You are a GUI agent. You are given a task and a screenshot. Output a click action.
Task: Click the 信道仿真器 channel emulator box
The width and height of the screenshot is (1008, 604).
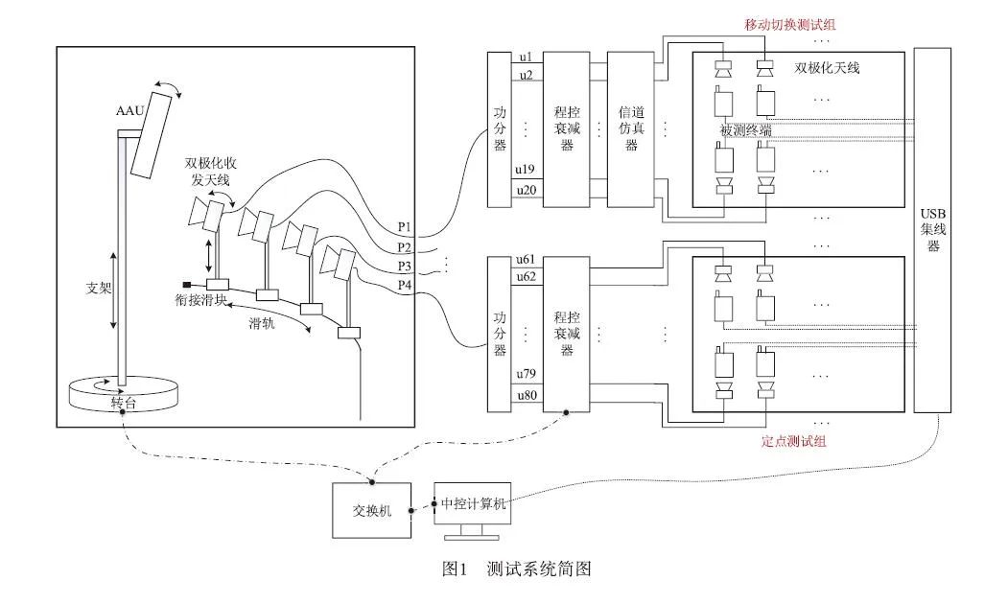(631, 129)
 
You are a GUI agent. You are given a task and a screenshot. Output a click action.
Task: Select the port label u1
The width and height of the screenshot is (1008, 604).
(527, 58)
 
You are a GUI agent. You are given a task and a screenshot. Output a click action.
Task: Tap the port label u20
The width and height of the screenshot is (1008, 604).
(527, 190)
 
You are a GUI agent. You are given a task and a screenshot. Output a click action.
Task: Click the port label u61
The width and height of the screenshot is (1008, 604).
(527, 262)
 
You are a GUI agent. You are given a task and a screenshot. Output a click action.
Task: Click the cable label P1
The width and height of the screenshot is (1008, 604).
(405, 227)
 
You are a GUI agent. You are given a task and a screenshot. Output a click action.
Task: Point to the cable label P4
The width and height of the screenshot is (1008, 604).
(405, 284)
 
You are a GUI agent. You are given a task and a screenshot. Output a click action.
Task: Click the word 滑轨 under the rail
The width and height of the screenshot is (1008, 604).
(262, 325)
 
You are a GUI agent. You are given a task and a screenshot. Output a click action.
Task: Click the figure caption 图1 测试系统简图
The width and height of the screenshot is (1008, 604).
(516, 569)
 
